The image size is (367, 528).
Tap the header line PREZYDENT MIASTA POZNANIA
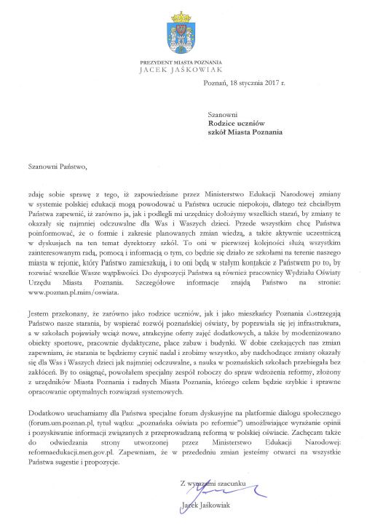click(183, 64)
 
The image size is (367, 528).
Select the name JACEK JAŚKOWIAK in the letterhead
click(183, 72)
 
